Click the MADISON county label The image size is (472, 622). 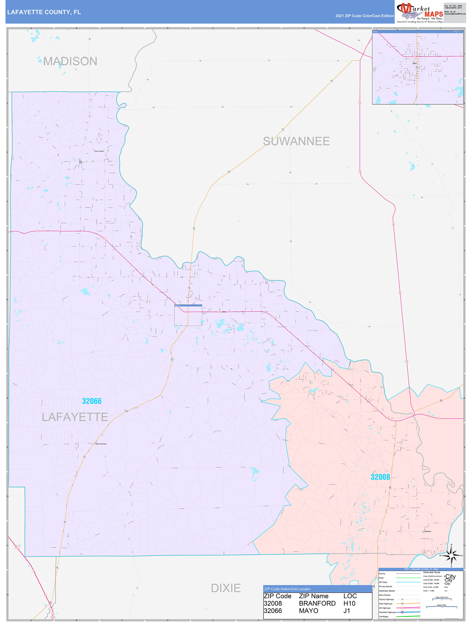point(70,61)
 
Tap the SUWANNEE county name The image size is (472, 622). point(296,141)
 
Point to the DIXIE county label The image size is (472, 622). point(226,588)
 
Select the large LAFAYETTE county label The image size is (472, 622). point(75,417)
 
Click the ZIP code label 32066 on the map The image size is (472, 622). point(92,401)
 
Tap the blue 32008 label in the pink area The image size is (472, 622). point(380,477)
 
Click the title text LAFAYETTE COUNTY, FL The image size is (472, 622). point(44,12)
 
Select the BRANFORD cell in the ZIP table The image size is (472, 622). point(317,603)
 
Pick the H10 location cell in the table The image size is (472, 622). point(349,603)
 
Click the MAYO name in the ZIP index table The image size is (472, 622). point(308,611)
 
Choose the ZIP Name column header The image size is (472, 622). point(313,596)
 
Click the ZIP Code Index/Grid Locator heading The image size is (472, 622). point(287,589)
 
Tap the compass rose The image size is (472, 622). point(451,556)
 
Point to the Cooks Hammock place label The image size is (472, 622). point(101,444)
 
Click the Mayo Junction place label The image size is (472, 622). point(99,151)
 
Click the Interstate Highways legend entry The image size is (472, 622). point(387,612)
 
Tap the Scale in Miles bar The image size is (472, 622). point(441,607)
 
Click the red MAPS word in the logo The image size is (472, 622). point(434,14)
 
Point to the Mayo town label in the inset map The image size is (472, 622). point(414,63)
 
